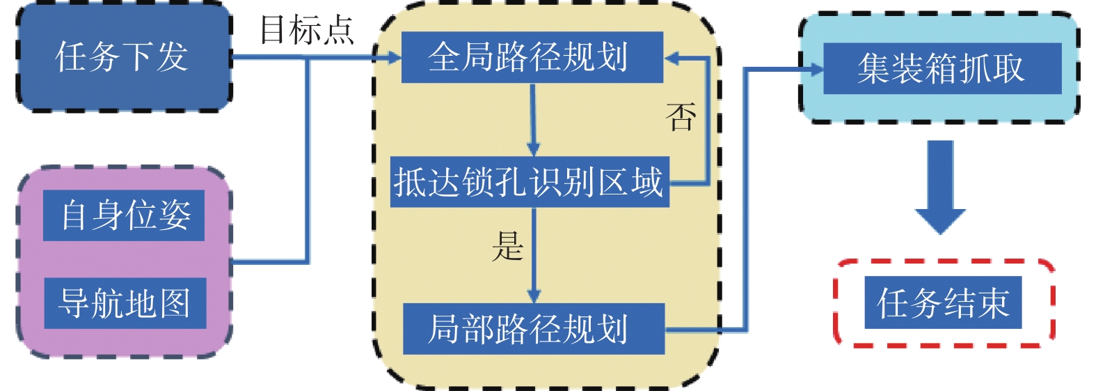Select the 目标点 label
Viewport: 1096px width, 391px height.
[x=306, y=30]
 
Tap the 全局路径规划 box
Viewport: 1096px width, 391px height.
[x=532, y=57]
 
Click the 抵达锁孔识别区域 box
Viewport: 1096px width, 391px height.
[x=529, y=182]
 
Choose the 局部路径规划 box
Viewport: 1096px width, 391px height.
[x=533, y=328]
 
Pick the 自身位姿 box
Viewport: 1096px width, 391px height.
[x=124, y=215]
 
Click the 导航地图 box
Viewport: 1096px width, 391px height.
[x=125, y=303]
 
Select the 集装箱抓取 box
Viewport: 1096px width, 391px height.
[x=942, y=68]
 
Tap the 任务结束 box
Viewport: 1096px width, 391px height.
[x=942, y=302]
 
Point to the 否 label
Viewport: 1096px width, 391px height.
[x=681, y=116]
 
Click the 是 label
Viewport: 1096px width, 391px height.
[x=507, y=246]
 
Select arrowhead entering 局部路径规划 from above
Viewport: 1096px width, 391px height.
[x=534, y=296]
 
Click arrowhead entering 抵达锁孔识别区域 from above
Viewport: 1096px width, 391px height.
[x=533, y=150]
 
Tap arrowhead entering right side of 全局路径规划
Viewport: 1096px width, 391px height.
[x=671, y=59]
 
